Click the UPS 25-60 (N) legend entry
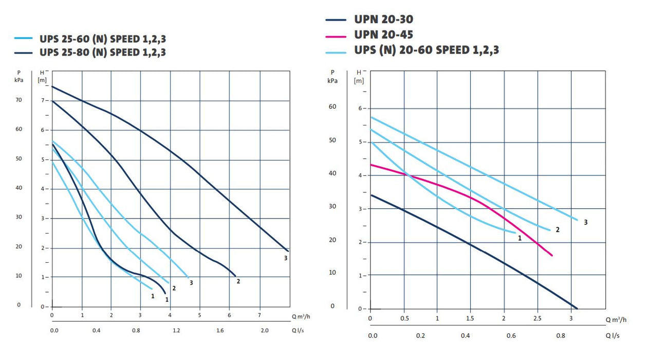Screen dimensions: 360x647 [x=102, y=39]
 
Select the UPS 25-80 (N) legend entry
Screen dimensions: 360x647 [x=102, y=52]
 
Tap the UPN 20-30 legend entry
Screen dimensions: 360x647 [x=383, y=20]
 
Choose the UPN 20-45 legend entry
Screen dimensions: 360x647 [x=383, y=35]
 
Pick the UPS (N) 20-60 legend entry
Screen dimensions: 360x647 [x=426, y=50]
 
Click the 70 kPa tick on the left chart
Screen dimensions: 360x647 [x=19, y=100]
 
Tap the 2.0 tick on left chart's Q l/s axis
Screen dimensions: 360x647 [x=264, y=330]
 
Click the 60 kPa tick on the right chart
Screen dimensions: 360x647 [x=332, y=106]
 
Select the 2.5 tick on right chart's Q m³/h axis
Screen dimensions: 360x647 [x=538, y=318]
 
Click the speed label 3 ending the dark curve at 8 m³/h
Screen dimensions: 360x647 [x=286, y=258]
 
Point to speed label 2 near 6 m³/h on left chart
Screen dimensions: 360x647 [x=238, y=281]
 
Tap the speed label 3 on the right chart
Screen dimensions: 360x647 [x=585, y=222]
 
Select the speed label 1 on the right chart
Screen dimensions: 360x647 [x=520, y=238]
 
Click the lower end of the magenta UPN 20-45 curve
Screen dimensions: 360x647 [x=552, y=255]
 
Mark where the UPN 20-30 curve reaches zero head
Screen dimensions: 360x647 [x=577, y=309]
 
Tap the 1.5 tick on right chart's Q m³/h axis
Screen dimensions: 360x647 [x=471, y=318]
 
